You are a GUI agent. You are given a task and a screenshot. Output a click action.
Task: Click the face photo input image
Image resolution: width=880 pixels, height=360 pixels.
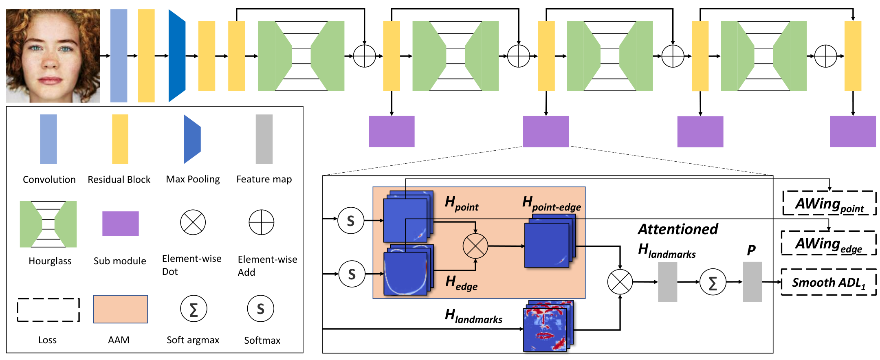click(53, 56)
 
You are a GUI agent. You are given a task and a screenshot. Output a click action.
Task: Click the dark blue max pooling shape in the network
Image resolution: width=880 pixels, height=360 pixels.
click(177, 56)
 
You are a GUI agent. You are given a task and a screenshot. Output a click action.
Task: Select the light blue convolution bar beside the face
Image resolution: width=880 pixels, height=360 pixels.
click(119, 56)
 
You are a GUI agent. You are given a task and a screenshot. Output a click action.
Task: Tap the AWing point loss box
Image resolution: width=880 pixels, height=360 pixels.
click(829, 203)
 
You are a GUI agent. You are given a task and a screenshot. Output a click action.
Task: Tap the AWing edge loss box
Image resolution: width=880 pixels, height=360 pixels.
click(829, 243)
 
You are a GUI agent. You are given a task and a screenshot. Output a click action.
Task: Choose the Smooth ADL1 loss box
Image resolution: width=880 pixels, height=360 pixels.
click(829, 282)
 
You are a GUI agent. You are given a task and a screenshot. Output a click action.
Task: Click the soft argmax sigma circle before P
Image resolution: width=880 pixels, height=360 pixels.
click(713, 282)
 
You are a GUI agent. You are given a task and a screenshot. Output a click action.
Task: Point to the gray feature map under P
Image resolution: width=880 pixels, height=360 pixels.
click(752, 282)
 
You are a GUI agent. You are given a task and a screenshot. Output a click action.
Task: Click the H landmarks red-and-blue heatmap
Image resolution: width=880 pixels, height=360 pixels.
click(548, 326)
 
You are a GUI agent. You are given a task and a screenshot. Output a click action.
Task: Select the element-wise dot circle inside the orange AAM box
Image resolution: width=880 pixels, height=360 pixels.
click(475, 246)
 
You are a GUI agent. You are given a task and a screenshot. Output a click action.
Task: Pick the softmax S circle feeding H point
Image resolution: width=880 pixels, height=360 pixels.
click(351, 220)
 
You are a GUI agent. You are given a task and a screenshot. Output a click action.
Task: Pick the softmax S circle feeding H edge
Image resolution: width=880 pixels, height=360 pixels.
click(352, 274)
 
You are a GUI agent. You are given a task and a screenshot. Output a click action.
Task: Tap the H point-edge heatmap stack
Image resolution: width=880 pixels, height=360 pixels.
click(550, 241)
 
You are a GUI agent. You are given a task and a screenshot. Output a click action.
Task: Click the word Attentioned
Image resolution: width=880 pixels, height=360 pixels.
click(678, 229)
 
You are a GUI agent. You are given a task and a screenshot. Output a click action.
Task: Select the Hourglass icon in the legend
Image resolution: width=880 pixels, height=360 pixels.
click(48, 224)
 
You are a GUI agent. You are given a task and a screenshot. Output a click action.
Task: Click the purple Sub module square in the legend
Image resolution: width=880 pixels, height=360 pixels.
click(121, 224)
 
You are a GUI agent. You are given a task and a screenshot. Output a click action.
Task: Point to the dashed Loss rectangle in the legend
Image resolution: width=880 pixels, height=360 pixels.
click(48, 310)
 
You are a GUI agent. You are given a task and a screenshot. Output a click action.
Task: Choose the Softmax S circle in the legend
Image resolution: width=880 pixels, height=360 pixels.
click(261, 309)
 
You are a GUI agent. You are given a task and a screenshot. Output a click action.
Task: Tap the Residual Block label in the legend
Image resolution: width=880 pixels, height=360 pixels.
click(119, 180)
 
